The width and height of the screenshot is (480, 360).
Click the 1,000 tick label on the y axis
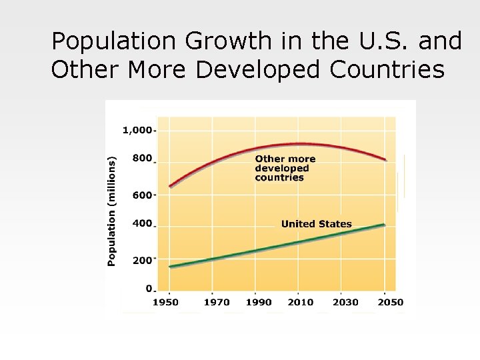tap(137, 130)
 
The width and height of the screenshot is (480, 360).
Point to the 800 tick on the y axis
tap(142, 159)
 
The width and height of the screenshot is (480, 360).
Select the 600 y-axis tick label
tap(142, 195)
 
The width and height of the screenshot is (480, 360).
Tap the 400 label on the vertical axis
tap(142, 224)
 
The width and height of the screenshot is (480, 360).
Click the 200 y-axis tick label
tap(142, 260)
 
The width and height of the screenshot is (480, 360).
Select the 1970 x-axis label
tap(217, 302)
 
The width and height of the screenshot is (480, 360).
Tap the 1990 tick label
tap(259, 302)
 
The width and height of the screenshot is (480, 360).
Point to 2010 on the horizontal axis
tap(300, 302)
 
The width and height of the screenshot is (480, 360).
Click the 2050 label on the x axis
tap(390, 302)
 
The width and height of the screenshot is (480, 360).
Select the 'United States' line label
tap(316, 224)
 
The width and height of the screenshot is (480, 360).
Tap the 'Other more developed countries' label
tap(285, 168)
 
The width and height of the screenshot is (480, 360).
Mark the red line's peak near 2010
tap(300, 143)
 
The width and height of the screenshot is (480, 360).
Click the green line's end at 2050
tap(385, 225)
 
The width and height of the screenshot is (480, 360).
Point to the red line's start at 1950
tap(170, 187)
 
